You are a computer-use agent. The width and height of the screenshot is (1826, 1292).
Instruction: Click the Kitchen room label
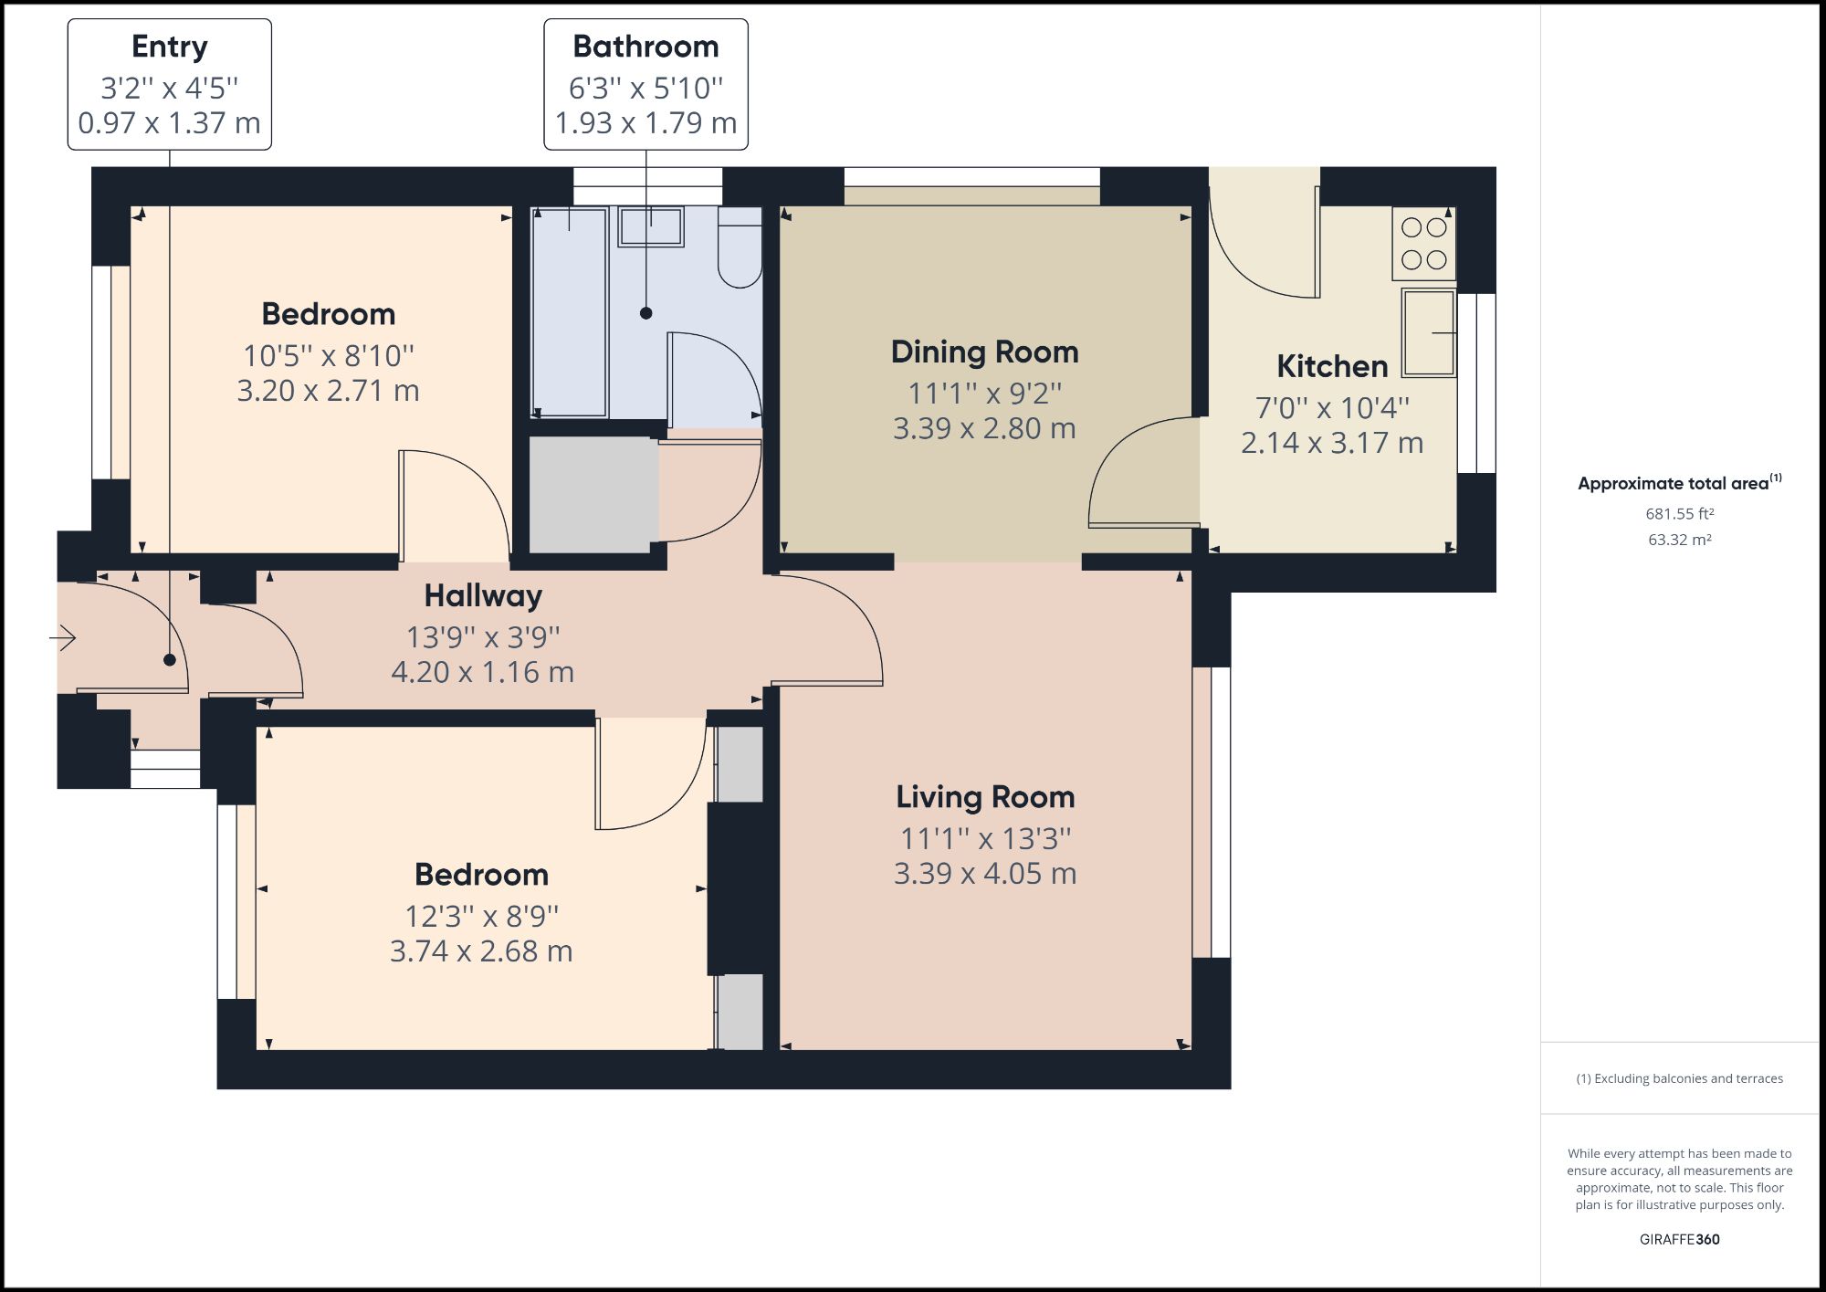1332,366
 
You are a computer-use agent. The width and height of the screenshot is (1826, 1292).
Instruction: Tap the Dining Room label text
984,352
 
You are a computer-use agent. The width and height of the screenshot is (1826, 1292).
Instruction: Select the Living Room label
985,797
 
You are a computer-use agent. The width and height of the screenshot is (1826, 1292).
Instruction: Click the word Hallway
483,596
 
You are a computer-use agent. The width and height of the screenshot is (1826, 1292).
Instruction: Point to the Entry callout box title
170,47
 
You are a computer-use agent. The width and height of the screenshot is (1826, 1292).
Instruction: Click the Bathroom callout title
645,46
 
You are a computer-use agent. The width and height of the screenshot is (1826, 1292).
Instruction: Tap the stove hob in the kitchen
1423,244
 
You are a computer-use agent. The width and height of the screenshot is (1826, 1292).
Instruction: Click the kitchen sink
1429,333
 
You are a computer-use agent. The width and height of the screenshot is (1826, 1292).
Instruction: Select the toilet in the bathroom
740,247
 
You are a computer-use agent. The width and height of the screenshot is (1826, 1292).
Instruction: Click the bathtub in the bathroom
570,311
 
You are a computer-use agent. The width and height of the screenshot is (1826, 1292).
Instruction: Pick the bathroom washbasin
651,226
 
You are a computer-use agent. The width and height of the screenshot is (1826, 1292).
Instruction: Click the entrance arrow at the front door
62,637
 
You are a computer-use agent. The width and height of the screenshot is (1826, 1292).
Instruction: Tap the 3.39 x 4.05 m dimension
985,874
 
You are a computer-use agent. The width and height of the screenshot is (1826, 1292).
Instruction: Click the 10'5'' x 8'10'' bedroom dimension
329,355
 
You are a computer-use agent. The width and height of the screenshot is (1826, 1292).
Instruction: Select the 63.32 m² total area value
1679,540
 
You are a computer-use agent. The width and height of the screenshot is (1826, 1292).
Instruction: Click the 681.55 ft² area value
1679,514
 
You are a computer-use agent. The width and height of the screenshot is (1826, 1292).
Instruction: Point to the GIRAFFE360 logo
1679,1239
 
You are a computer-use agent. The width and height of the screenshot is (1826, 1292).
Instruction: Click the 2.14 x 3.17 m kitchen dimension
1332,443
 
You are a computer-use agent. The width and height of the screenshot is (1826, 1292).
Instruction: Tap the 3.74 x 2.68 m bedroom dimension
481,951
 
